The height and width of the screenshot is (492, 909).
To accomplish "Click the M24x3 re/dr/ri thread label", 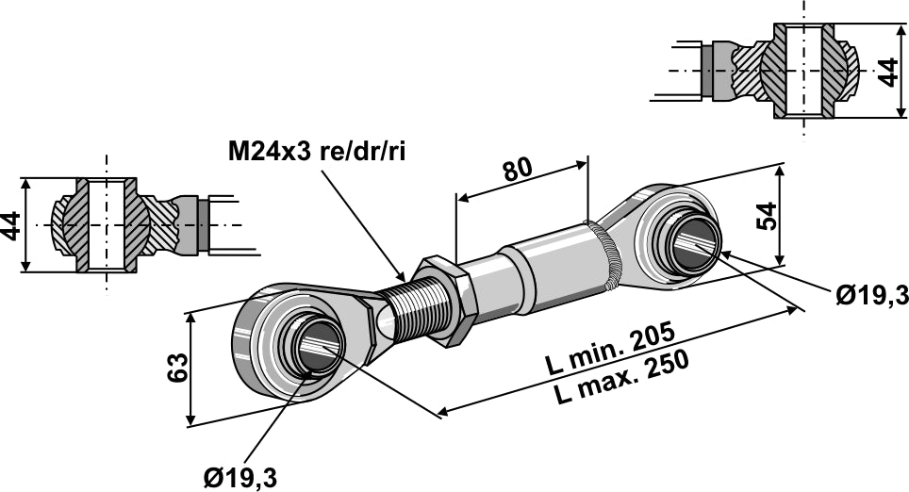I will coord(316,152).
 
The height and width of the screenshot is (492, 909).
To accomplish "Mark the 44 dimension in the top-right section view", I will coord(886,71).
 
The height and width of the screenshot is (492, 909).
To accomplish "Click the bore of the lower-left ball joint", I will coord(319,346).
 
